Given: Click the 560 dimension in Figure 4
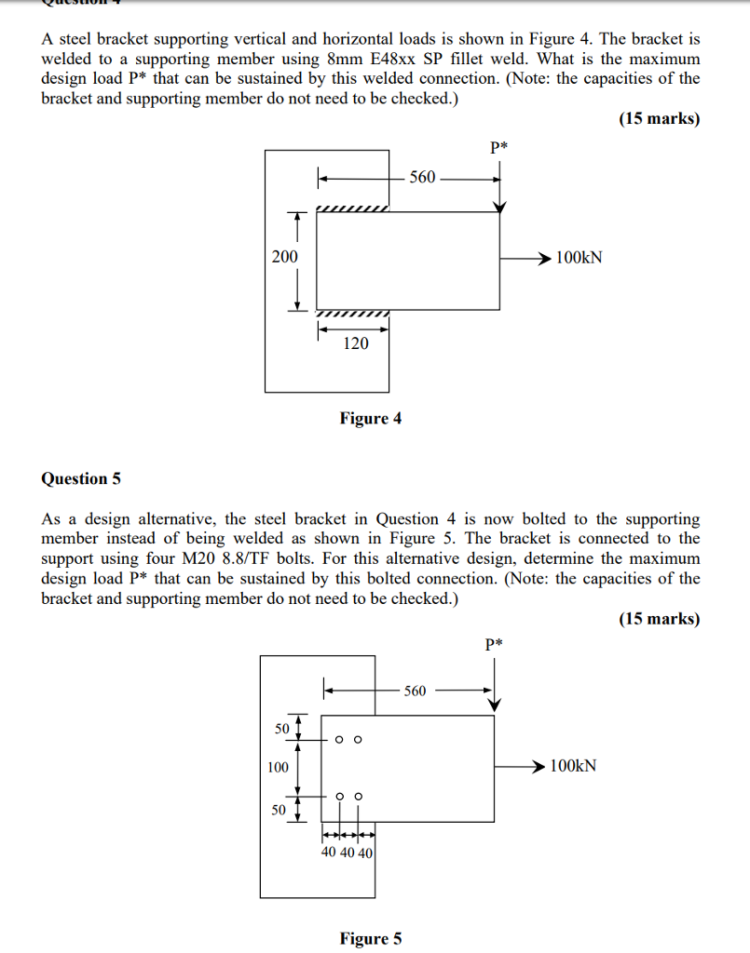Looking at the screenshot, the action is point(422,177).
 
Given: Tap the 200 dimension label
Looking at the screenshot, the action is point(285,257).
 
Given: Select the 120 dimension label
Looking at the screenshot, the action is point(356,343).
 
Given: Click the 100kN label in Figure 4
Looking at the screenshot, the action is point(580,258).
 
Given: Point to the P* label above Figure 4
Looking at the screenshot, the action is point(498,146).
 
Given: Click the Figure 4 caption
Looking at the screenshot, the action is point(371,418).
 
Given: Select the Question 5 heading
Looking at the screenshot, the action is point(81,479).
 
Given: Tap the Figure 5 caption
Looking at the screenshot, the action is point(371,938).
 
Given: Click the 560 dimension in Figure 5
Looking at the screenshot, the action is point(415,691).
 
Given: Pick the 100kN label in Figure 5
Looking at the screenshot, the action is point(573,766).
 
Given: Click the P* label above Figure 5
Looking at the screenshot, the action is point(494,643).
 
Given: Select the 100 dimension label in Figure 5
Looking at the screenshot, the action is point(278,767).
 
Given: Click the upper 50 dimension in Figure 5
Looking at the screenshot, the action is point(282,728).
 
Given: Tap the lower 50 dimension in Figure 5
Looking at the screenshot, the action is point(279,810).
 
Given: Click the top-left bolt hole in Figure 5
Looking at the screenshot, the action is point(339,740).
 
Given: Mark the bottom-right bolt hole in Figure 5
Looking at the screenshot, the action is point(359,797).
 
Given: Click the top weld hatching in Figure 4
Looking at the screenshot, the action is point(353,208).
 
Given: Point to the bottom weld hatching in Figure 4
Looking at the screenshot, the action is point(353,314).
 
